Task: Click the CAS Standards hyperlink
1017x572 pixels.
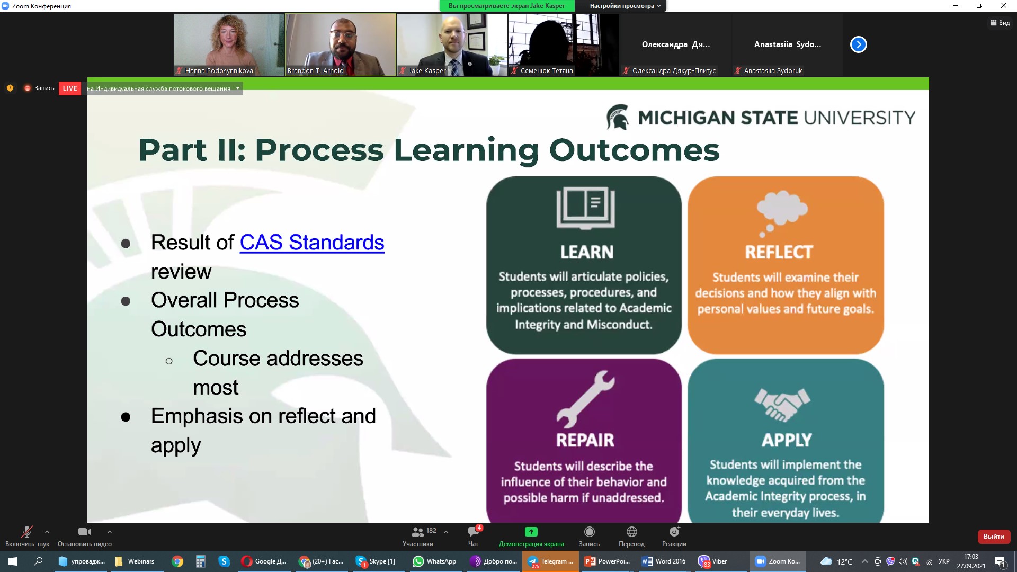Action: [x=312, y=243]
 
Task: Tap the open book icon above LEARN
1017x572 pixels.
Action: [x=585, y=208]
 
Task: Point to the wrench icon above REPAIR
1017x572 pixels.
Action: [x=585, y=399]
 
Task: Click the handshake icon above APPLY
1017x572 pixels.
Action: [x=782, y=405]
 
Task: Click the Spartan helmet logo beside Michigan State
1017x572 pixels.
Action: [x=618, y=117]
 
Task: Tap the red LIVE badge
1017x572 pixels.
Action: [x=70, y=88]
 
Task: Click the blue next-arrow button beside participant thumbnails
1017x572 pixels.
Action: [x=859, y=44]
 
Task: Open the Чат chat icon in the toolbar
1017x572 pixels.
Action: [x=474, y=531]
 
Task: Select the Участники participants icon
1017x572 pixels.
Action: [x=417, y=532]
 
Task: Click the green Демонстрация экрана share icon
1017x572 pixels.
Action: [x=531, y=532]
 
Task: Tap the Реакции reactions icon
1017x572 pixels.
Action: [x=674, y=531]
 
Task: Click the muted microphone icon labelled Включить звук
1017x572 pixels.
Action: [x=26, y=531]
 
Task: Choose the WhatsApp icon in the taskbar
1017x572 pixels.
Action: [x=418, y=561]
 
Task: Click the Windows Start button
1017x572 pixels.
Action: [x=13, y=561]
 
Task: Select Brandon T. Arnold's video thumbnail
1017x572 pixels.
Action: [x=341, y=44]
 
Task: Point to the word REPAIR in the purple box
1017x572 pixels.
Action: [x=585, y=440]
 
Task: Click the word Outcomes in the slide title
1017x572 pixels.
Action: [x=635, y=150]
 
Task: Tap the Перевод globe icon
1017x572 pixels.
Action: [x=631, y=532]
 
